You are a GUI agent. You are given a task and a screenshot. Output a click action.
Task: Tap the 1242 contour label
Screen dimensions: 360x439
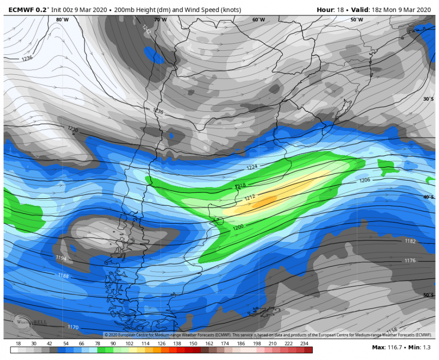pos(146,29)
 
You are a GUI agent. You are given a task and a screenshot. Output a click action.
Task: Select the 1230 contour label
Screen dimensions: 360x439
pos(73,129)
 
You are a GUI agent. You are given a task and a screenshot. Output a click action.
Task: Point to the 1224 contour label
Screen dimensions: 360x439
pos(253,167)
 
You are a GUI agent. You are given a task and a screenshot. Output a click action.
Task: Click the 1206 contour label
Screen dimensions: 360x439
pos(365,180)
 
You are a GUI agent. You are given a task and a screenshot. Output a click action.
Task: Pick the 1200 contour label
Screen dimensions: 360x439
pos(239,227)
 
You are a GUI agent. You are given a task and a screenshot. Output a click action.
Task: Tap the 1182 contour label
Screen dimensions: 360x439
pos(410,241)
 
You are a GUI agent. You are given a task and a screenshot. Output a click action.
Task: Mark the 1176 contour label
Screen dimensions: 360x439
pos(410,260)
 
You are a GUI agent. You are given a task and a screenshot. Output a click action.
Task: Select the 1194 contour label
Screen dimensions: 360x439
pos(61,258)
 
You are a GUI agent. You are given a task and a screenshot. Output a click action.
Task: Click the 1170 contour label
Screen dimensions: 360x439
pos(73,327)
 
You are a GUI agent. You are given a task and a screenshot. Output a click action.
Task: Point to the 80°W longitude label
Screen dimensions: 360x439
pos(62,20)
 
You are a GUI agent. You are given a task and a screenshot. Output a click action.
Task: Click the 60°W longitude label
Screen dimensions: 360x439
pos(258,20)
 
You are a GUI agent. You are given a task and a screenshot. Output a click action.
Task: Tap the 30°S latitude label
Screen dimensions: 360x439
pos(428,99)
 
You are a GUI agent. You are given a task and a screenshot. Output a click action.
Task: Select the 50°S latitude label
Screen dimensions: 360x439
pos(428,295)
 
